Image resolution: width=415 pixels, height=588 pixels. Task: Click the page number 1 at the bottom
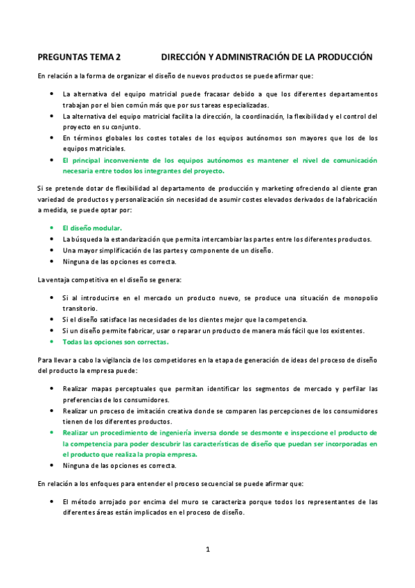click(x=207, y=550)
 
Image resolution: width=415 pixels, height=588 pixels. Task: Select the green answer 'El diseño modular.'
click(x=92, y=227)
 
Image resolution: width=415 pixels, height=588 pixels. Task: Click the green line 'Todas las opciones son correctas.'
click(x=116, y=342)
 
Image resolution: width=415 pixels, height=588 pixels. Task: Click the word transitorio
click(x=80, y=309)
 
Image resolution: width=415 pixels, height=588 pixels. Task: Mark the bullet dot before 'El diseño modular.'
click(x=53, y=227)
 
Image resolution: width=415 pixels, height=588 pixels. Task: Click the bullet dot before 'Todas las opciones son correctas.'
click(x=53, y=342)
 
